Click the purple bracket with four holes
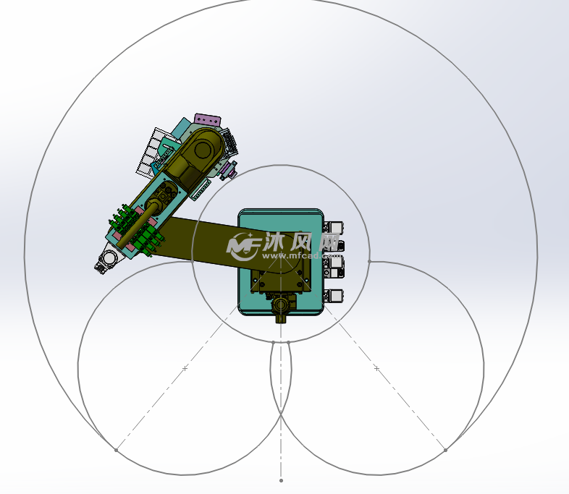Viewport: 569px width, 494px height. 208,120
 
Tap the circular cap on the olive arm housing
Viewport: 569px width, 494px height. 203,150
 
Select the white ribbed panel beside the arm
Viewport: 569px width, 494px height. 149,152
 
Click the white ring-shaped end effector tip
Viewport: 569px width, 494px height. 108,258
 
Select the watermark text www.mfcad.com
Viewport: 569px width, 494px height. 301,256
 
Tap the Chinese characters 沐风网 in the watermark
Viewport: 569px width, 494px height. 301,242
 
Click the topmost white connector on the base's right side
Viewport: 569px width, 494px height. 334,227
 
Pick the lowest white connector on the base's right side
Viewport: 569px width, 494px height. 334,295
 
